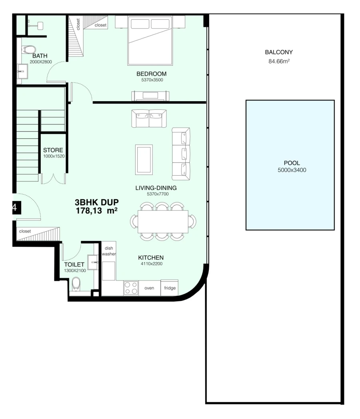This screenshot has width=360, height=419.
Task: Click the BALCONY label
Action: click(279, 52)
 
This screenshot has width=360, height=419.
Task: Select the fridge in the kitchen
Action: click(170, 288)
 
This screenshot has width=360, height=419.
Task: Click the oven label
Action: click(149, 288)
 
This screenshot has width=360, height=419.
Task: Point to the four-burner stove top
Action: click(131, 288)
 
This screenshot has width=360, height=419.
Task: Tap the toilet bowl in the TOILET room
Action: click(76, 285)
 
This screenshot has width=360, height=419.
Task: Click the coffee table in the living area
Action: click(144, 159)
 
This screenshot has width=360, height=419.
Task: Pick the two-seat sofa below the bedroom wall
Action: click(149, 118)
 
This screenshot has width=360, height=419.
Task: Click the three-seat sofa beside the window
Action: click(181, 154)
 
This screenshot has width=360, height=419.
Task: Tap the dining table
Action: click(163, 222)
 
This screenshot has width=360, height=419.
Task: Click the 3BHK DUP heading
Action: click(96, 202)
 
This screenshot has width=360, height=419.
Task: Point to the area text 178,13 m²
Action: click(96, 211)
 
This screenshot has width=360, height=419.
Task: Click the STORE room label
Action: click(53, 150)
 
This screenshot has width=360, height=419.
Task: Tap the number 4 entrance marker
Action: click(14, 207)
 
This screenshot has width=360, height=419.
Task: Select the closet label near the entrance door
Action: click(25, 231)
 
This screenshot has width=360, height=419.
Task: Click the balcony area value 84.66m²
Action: click(279, 62)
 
